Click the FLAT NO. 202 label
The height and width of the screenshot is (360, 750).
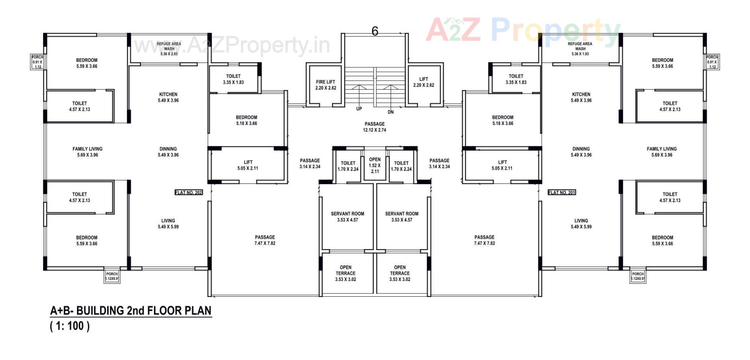point(189,192)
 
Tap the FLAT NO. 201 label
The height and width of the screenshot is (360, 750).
point(562,192)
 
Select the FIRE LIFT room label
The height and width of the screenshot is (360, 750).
point(326,85)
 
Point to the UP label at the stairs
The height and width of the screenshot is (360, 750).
point(359,109)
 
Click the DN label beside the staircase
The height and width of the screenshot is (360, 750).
point(391,112)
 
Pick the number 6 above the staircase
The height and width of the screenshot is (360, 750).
point(375,31)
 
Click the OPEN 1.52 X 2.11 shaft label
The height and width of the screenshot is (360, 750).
point(375,165)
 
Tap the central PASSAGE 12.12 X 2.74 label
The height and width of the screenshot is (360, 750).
point(375,127)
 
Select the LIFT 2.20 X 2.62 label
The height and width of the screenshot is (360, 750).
point(424,82)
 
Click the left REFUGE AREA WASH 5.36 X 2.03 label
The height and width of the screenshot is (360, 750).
point(169,49)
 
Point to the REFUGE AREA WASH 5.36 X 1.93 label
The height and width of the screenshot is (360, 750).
point(580,49)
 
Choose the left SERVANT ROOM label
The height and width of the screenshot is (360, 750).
point(347,217)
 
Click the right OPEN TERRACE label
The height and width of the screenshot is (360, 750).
point(400,273)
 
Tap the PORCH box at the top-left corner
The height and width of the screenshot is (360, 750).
point(37,62)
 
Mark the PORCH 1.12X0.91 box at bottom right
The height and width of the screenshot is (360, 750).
point(637,276)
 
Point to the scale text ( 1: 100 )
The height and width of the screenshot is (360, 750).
point(70,326)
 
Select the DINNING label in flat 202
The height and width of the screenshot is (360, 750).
point(168,152)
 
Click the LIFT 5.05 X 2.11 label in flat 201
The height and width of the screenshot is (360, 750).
point(502,165)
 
